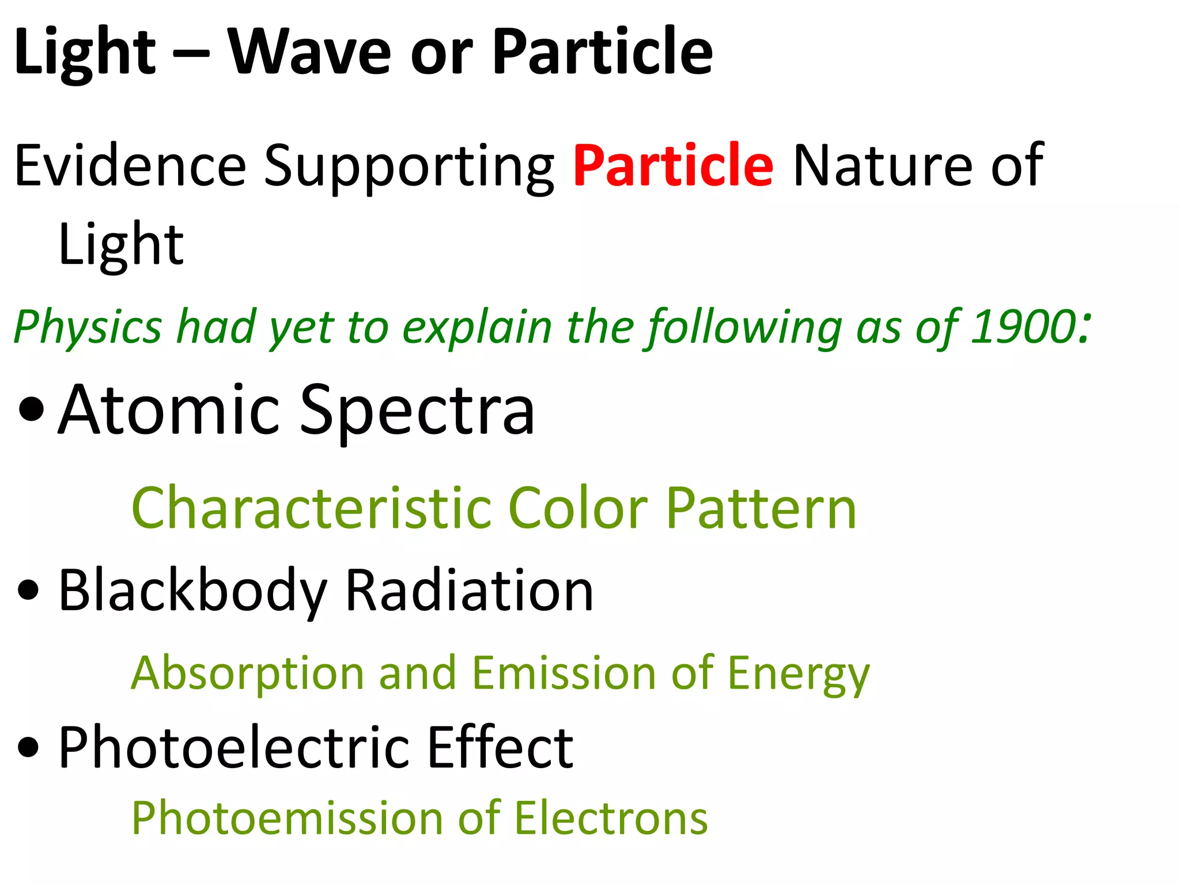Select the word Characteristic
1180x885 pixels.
[311, 508]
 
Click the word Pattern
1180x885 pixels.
[761, 508]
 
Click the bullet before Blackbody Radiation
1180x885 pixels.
[28, 591]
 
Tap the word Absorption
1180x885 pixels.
[248, 673]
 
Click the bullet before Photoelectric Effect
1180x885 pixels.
[28, 748]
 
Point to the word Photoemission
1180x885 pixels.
[287, 818]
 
